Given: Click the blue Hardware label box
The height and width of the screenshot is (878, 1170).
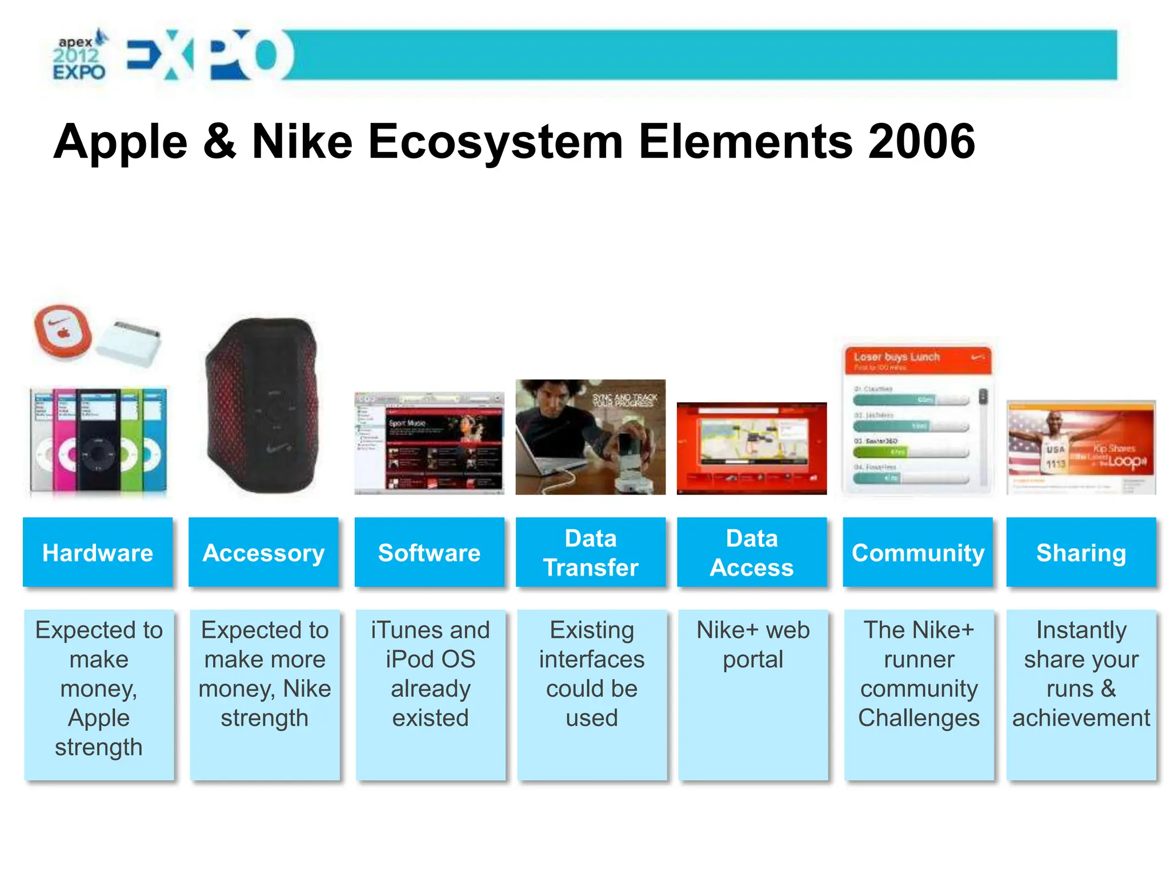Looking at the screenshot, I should pyautogui.click(x=98, y=552).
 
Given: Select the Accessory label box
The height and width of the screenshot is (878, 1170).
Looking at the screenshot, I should pyautogui.click(x=263, y=552).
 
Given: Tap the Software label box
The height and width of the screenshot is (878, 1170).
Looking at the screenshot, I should pyautogui.click(x=429, y=552).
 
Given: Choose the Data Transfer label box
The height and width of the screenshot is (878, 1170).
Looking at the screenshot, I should pyautogui.click(x=591, y=552).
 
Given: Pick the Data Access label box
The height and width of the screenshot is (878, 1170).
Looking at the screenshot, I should pyautogui.click(x=752, y=552).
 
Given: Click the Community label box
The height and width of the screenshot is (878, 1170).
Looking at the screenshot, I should pyautogui.click(x=917, y=552).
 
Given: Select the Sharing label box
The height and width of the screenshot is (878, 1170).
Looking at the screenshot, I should pyautogui.click(x=1081, y=552).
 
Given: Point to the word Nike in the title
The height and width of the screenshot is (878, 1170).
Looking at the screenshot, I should pyautogui.click(x=302, y=141).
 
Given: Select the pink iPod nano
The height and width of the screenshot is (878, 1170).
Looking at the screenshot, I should pyautogui.click(x=65, y=440).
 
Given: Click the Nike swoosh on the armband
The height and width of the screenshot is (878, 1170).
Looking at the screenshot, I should pyautogui.click(x=278, y=449).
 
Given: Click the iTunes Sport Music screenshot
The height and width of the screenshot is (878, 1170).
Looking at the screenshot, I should pyautogui.click(x=429, y=443).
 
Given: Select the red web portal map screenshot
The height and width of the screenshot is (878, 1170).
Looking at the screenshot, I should pyautogui.click(x=752, y=448).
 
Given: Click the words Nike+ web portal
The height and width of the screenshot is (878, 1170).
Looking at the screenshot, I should pyautogui.click(x=753, y=644).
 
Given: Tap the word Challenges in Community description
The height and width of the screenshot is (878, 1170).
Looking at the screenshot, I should pyautogui.click(x=919, y=717).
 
